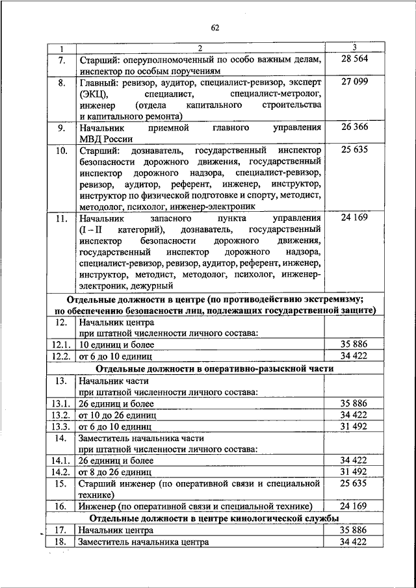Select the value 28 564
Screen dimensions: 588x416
354,59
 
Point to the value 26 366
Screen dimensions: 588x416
354,127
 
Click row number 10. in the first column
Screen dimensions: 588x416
61,151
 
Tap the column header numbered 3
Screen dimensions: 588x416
354,48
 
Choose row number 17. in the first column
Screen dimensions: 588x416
61,530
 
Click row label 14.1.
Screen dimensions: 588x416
61,459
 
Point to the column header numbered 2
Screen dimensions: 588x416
200,48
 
